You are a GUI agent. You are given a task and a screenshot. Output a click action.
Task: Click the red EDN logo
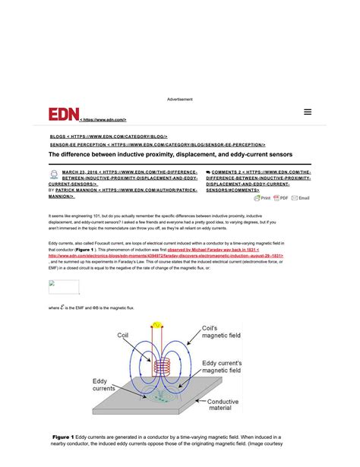point(63,114)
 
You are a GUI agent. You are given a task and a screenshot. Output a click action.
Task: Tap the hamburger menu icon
point(308,112)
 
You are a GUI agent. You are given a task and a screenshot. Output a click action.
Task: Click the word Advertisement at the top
point(180,99)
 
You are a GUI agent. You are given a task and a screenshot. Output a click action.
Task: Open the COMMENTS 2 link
point(235,172)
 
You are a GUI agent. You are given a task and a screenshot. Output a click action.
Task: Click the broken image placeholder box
point(64,286)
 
